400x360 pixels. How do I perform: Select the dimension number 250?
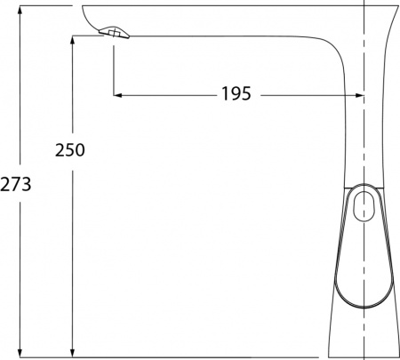[68, 149]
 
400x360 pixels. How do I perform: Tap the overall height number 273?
[16, 185]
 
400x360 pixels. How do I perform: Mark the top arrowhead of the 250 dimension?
[69, 41]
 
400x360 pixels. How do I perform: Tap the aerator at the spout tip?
[114, 33]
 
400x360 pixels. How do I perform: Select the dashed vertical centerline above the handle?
[364, 133]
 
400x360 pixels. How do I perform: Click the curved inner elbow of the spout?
[332, 53]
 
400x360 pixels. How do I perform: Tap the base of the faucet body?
[364, 342]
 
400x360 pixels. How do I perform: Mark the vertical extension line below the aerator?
[114, 67]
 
